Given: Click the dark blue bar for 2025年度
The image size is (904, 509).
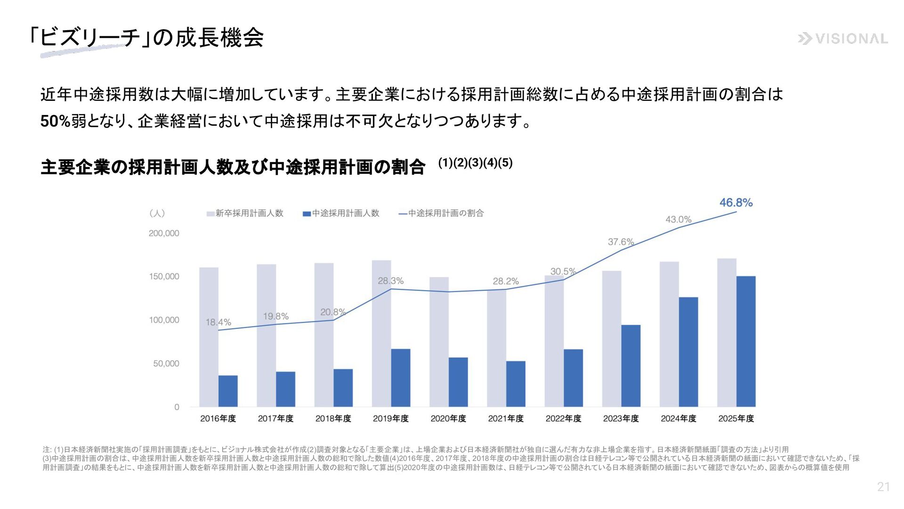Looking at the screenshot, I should point(746,341).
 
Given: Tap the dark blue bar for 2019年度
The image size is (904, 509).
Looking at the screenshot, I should point(401,378).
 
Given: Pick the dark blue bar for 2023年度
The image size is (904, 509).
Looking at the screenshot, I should point(630,366).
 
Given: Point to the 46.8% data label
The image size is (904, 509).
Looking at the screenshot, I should point(736,203).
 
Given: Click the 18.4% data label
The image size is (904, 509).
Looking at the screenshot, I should point(218,322).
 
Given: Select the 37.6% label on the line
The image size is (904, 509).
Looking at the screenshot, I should point(621,242).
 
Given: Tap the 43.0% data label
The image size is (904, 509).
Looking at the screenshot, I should point(678,220).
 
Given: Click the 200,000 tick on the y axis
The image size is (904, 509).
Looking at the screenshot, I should point(164,233).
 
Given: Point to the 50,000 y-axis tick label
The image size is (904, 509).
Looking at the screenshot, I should point(166,364).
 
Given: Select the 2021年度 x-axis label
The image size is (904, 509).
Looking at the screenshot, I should point(506,419).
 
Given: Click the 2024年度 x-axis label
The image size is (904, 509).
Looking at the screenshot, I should point(678,419).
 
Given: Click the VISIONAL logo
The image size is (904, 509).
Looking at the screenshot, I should point(843,39).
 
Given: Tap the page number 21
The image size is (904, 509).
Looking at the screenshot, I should point(883,487).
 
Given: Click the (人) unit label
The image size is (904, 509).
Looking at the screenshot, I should point(157,213).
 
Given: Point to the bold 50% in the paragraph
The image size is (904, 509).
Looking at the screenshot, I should point(55,122).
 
